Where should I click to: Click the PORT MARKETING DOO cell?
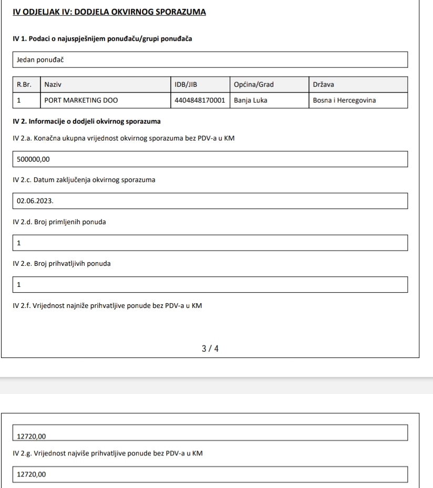pyautogui.click(x=77, y=100)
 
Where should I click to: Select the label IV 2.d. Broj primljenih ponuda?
pyautogui.click(x=59, y=222)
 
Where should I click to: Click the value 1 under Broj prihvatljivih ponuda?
pyautogui.click(x=19, y=285)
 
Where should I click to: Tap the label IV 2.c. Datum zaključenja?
pyautogui.click(x=84, y=180)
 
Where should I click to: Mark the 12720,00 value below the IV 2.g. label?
pyautogui.click(x=32, y=475)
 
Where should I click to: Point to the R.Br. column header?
pyautogui.click(x=25, y=84)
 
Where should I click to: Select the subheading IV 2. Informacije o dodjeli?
pyautogui.click(x=87, y=122)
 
